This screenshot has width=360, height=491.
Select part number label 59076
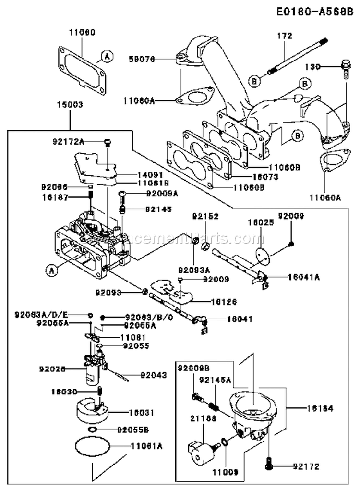click(x=142, y=60)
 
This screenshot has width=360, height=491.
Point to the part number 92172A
click(x=68, y=141)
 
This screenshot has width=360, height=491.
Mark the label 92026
click(x=50, y=369)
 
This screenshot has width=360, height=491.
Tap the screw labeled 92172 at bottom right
click(x=269, y=465)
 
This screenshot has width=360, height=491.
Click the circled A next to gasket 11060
click(x=108, y=57)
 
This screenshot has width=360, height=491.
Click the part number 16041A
click(x=304, y=277)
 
